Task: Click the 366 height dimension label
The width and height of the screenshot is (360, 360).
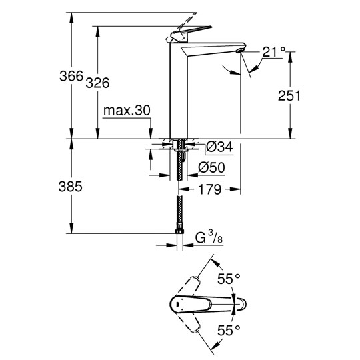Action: click(x=71, y=76)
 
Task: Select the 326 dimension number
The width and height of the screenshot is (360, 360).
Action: click(x=97, y=83)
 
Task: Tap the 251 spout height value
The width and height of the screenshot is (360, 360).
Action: click(x=289, y=95)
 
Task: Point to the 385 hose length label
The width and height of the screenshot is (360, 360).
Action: click(x=70, y=187)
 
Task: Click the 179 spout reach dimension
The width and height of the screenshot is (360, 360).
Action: click(x=209, y=189)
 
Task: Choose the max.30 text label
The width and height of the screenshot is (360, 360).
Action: click(x=127, y=111)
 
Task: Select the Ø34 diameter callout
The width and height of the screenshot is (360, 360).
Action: click(x=219, y=147)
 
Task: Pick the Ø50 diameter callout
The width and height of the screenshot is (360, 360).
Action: click(x=211, y=167)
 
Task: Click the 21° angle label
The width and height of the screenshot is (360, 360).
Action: click(x=274, y=52)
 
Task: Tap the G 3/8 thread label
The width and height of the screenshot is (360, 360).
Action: click(x=209, y=237)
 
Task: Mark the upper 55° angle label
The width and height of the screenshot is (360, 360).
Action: click(x=229, y=279)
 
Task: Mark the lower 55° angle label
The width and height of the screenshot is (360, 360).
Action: click(x=229, y=330)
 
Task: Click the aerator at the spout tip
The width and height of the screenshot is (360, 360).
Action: click(x=240, y=51)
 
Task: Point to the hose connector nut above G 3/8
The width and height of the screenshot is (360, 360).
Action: click(x=179, y=231)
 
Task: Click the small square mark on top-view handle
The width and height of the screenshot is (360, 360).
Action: click(x=177, y=305)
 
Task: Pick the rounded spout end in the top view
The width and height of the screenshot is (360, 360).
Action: click(x=243, y=304)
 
